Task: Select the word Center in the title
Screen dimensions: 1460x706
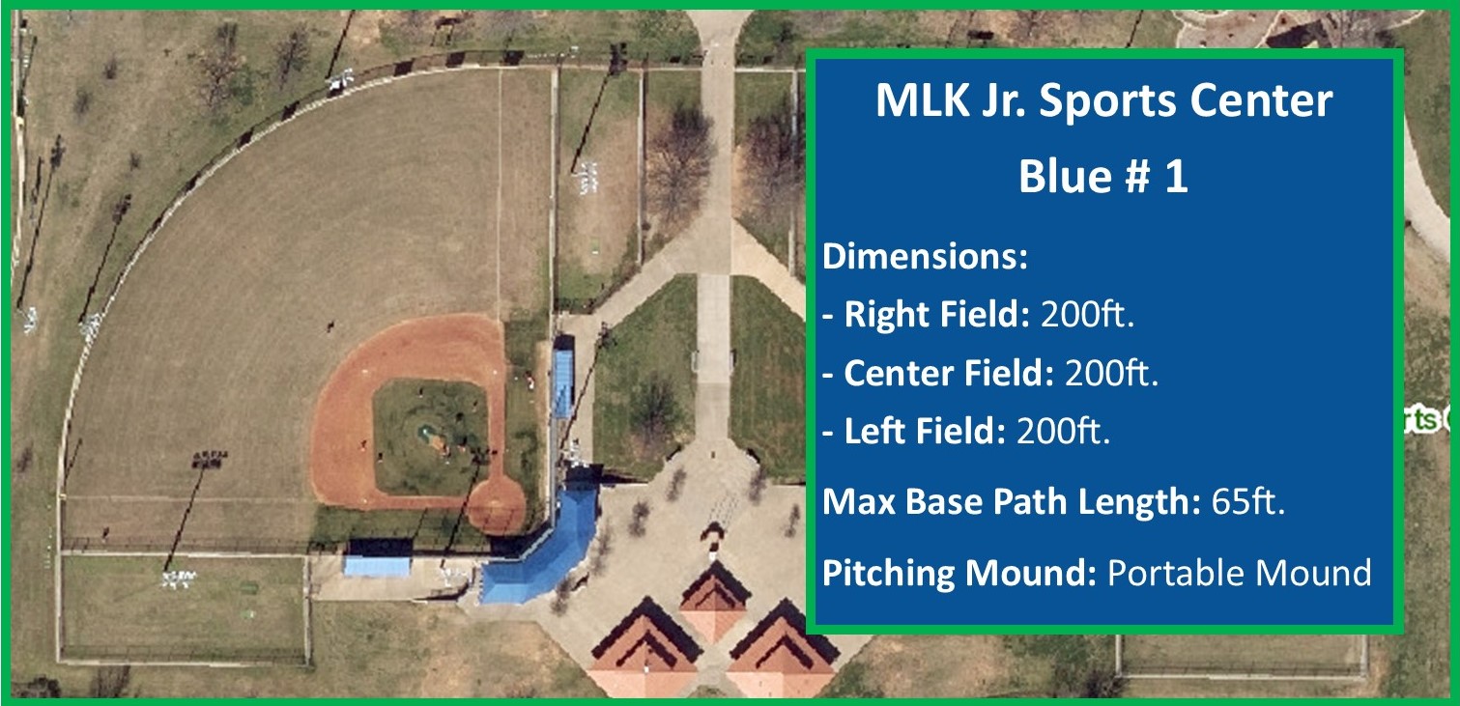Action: (x=1262, y=101)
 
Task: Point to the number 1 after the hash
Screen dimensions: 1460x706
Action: (x=1176, y=177)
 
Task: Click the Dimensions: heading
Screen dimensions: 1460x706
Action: (x=925, y=256)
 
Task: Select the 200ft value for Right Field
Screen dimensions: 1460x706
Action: (x=1087, y=314)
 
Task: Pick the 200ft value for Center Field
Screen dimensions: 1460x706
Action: (x=1111, y=373)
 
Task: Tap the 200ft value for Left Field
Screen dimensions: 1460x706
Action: (x=1063, y=431)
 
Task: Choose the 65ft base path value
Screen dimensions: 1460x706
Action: (x=1248, y=501)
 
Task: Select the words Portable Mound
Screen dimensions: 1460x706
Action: (x=1240, y=573)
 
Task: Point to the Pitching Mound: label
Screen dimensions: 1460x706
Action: (x=960, y=573)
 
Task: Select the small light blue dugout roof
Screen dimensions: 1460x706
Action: (x=377, y=566)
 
